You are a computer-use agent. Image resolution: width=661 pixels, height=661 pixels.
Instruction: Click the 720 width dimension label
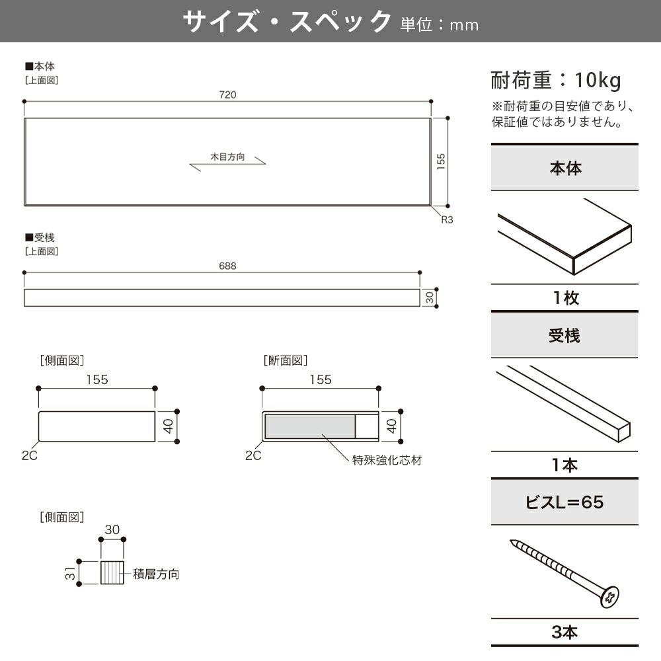[x=227, y=95]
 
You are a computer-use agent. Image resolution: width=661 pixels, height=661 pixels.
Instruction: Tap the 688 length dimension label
[x=227, y=266]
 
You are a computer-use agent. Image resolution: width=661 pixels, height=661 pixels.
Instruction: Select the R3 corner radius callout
[x=447, y=219]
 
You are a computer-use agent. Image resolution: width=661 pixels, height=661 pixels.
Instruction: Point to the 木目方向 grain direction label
[x=227, y=157]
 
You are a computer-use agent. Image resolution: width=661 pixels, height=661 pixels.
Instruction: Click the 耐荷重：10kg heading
[x=556, y=81]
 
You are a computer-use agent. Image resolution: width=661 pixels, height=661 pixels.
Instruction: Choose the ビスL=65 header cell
[x=564, y=502]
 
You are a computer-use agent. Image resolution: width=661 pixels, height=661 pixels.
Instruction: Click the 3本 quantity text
[x=564, y=632]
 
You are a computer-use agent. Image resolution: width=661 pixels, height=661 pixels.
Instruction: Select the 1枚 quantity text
[x=564, y=298]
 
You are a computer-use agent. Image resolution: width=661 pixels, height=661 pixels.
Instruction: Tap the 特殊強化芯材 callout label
[x=387, y=460]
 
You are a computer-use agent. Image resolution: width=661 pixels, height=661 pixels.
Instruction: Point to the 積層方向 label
[x=156, y=574]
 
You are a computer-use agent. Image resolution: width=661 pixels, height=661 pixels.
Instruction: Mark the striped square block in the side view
[x=112, y=572]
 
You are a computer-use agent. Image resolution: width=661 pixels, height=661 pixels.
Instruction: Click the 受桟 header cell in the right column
[x=564, y=336]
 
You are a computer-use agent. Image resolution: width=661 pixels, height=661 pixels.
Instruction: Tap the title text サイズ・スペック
[x=287, y=22]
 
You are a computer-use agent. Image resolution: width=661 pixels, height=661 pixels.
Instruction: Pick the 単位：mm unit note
[x=439, y=25]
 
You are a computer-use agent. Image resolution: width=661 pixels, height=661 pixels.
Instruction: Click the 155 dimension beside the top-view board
[x=441, y=162]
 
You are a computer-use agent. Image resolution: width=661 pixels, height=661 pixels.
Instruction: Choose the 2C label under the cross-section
[x=253, y=455]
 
